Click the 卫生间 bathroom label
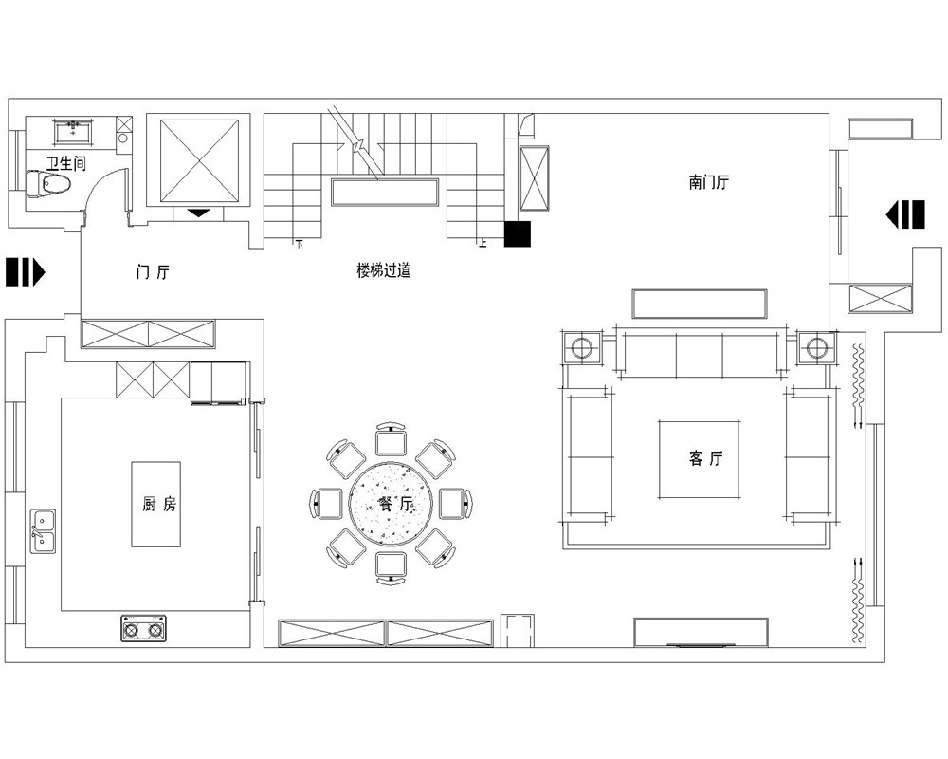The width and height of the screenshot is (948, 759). pos(66,163)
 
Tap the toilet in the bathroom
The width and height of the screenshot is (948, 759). pos(48,184)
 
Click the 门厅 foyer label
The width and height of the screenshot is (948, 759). pos(153,271)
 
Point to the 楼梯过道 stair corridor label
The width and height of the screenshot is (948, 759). pos(383,270)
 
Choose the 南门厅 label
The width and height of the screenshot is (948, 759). pos(708,181)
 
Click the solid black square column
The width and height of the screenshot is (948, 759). pos(518,234)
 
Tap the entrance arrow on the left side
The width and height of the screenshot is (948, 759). pos(26,271)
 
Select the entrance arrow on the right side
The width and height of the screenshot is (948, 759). pos(905,214)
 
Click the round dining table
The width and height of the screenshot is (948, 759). pos(392,504)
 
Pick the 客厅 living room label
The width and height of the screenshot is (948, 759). pos(705,458)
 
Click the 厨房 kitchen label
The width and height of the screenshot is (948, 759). pos(159,504)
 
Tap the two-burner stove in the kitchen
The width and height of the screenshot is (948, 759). pos(143,629)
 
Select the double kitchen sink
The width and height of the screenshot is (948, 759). pos(43,530)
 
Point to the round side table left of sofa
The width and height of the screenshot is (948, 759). pos(582,348)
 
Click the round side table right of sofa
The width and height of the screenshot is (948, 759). pos(816,348)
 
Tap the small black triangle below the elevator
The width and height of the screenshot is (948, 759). pos(199,213)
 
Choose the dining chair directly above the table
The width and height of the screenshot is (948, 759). pos(391,439)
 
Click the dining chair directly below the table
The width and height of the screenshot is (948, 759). pos(391,567)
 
